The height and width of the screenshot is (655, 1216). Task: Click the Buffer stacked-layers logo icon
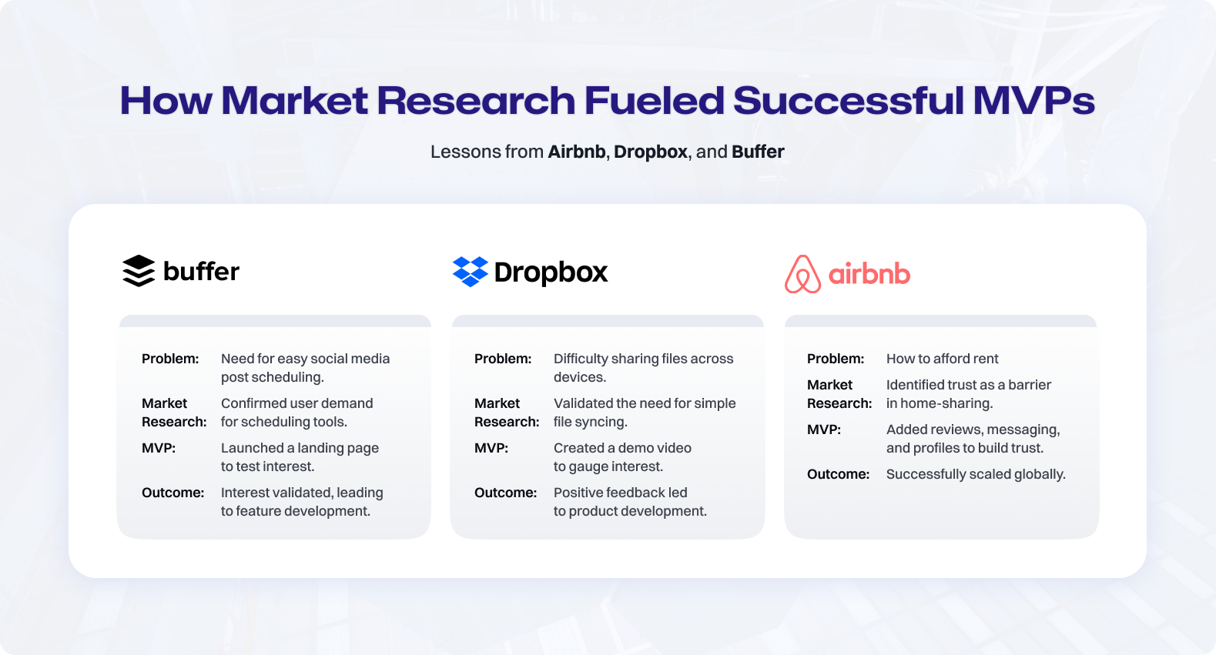coord(139,271)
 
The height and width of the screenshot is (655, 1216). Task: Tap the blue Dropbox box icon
coord(470,272)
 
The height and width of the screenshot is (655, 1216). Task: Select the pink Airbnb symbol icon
coord(803,274)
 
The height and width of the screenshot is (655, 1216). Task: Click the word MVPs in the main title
coord(1033,100)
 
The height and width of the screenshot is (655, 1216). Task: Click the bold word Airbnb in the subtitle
coord(577,152)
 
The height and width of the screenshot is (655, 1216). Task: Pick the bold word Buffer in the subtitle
coord(758,152)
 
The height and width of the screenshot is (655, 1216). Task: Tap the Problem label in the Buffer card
coord(170,359)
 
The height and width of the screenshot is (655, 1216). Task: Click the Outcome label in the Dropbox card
coord(505,493)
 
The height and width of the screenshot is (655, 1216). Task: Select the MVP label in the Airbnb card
coord(823,429)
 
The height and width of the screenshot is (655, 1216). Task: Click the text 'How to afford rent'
coord(943,359)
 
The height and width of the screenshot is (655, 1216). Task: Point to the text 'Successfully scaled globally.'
coord(976,474)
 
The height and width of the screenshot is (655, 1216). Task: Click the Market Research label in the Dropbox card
coord(507,413)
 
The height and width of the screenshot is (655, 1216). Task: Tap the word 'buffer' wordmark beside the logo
coord(201,271)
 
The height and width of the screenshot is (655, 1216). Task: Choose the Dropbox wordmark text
coord(551,272)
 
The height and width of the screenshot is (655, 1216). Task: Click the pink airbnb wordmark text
coord(869,273)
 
